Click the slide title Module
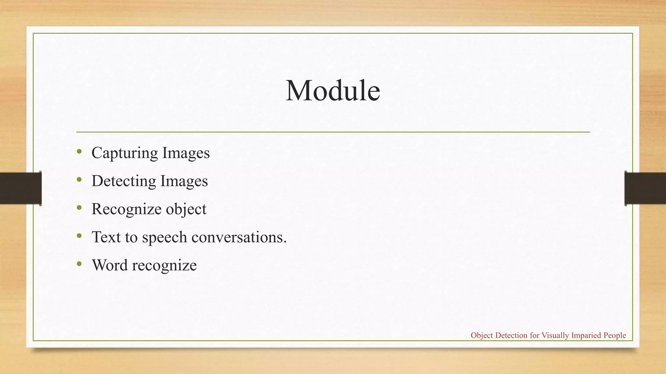[x=333, y=91]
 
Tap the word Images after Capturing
[x=186, y=153]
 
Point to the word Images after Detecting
[x=184, y=181]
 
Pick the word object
[x=186, y=209]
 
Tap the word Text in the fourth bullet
[x=106, y=237]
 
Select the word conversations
[x=239, y=237]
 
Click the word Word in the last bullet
[x=110, y=265]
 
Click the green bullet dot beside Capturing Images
[x=79, y=151]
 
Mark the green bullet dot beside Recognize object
[x=79, y=207]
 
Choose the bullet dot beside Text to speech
[x=79, y=235]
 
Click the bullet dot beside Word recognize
[x=79, y=264]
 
